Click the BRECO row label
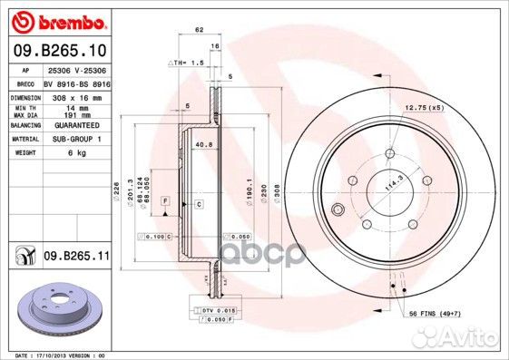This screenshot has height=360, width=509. pyautogui.click(x=24, y=82)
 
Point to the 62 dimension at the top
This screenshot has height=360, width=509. pyautogui.click(x=198, y=30)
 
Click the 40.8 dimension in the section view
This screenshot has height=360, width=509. pyautogui.click(x=203, y=142)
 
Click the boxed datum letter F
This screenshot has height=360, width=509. pyautogui.click(x=166, y=199)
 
